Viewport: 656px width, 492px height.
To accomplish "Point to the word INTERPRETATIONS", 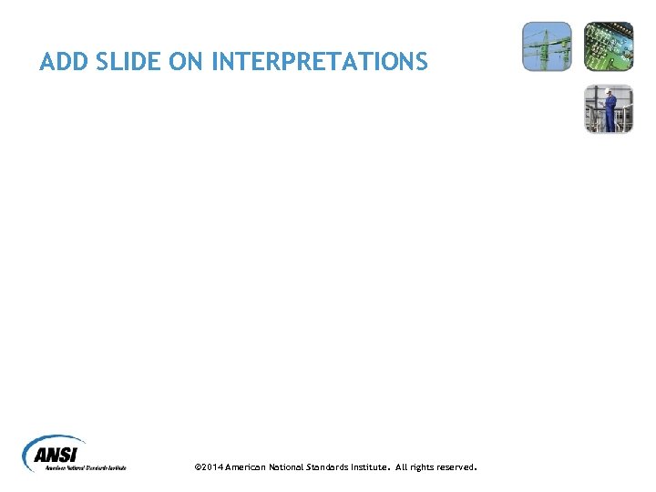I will pos(319,62).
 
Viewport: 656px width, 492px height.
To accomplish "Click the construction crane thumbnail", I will pos(547,46).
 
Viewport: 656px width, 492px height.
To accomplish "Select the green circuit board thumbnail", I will pos(608,46).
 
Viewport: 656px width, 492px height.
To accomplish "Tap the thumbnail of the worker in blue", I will pos(608,108).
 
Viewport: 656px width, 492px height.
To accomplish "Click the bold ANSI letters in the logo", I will pos(57,454).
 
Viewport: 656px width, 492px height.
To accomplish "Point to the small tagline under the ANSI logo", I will pos(86,468).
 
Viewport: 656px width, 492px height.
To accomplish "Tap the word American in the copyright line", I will pos(246,467).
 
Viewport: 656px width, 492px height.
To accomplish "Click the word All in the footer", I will pos(402,467).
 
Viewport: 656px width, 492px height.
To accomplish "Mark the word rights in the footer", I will pos(423,467).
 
